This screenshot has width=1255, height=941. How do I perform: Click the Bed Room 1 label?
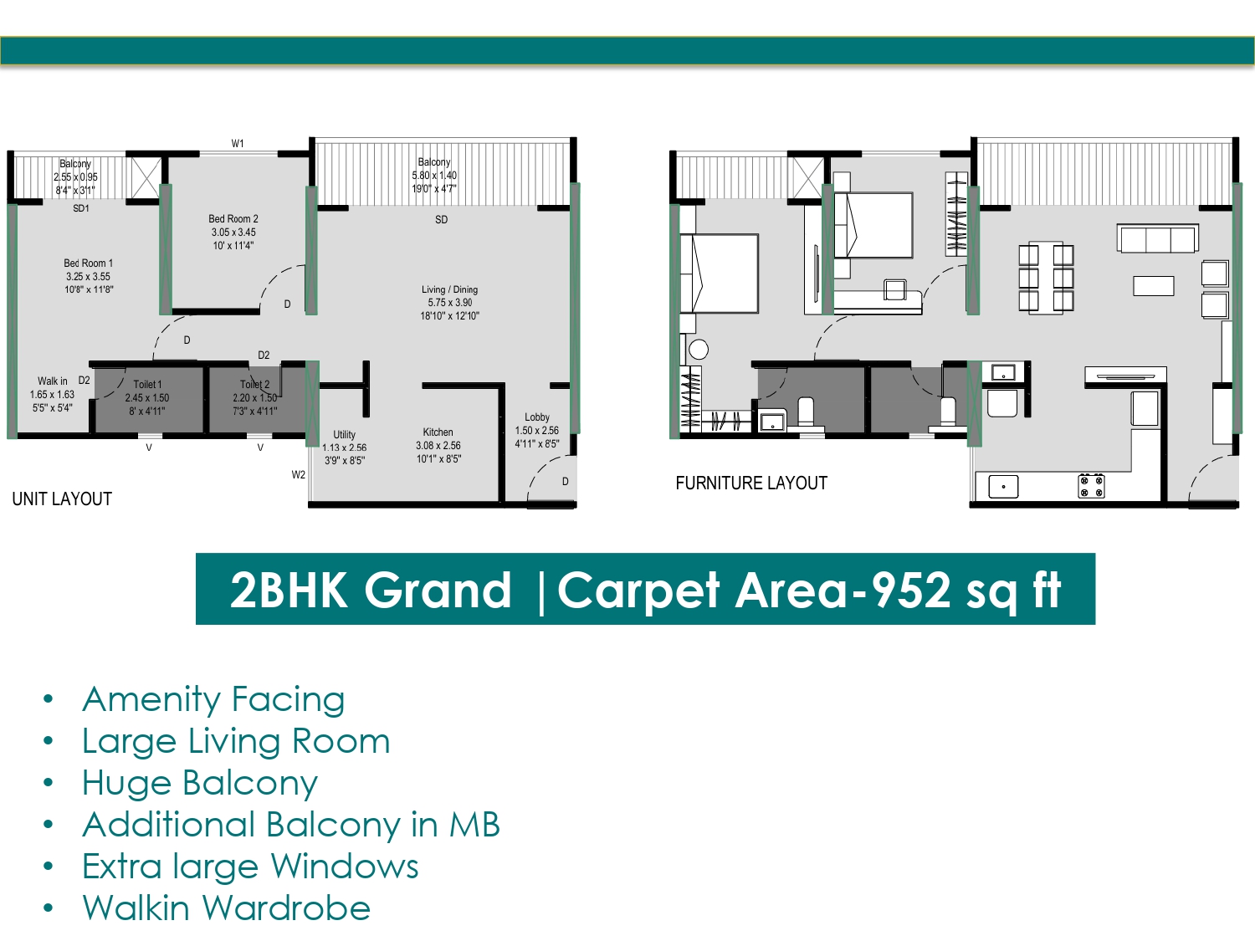(x=88, y=263)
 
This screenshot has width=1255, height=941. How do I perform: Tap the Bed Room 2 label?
(x=233, y=219)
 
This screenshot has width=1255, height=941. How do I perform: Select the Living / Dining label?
(x=449, y=289)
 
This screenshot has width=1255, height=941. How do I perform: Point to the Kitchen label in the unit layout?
(x=438, y=432)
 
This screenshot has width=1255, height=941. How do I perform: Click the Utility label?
(x=344, y=435)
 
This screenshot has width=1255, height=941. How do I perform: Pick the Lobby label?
(x=537, y=417)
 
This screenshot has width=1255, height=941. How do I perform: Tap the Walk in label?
(x=53, y=381)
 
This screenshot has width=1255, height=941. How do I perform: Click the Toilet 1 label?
(x=147, y=385)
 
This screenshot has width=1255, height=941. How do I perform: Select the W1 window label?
(x=238, y=143)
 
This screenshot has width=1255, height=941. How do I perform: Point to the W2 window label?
(x=299, y=475)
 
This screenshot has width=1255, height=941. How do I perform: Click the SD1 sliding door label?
(x=81, y=208)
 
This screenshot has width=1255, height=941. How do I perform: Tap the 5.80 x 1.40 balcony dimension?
(x=434, y=176)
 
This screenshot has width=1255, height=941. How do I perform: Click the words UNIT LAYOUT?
(x=62, y=499)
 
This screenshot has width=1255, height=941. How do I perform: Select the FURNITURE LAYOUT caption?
(x=751, y=483)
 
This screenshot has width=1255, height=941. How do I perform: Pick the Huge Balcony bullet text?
(x=199, y=783)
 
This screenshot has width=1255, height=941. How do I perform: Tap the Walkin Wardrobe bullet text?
(x=227, y=908)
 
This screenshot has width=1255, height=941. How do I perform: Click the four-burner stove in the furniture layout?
(x=1091, y=486)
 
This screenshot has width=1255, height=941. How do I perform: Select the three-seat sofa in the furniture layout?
(x=1158, y=238)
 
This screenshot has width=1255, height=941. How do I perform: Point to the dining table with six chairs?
(x=1046, y=279)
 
